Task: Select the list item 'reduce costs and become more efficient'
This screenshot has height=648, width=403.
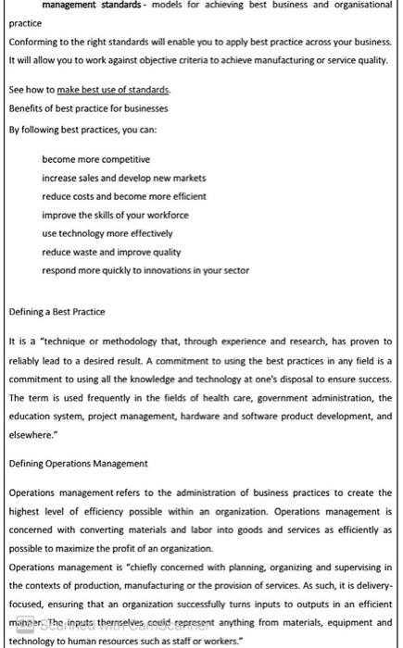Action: click(x=123, y=197)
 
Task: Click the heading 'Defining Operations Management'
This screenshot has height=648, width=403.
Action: click(x=77, y=463)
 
